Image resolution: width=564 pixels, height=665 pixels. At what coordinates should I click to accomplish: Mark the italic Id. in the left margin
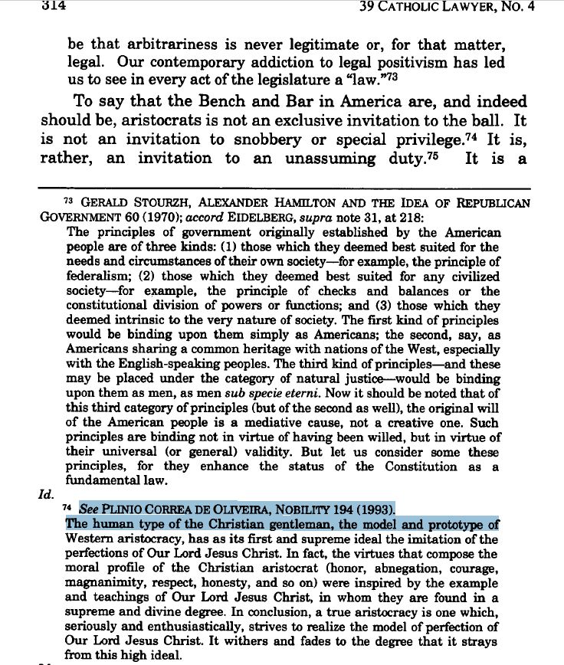47,494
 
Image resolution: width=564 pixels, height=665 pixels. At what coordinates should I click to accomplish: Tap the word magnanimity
106,582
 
